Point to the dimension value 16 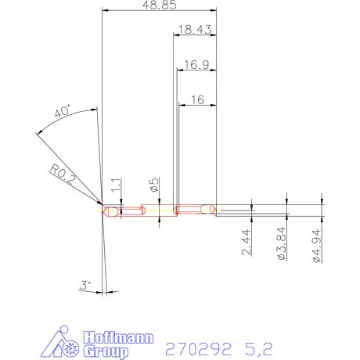coord(196,99)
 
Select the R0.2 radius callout coord(61,172)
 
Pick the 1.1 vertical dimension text coord(117,185)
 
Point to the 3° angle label coord(85,286)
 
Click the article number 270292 coord(196,345)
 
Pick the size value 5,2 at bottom coord(261,345)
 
